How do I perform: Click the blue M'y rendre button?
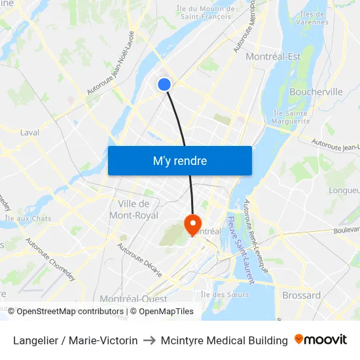point(179,160)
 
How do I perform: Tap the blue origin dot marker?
point(164,84)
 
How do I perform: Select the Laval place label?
point(29,132)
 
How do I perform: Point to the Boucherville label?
point(315,92)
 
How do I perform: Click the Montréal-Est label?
point(273,57)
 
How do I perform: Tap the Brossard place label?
point(301,295)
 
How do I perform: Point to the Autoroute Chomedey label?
point(50,261)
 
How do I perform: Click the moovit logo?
point(321,340)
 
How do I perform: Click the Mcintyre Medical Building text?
point(223,341)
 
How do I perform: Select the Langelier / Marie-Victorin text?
point(75,341)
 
